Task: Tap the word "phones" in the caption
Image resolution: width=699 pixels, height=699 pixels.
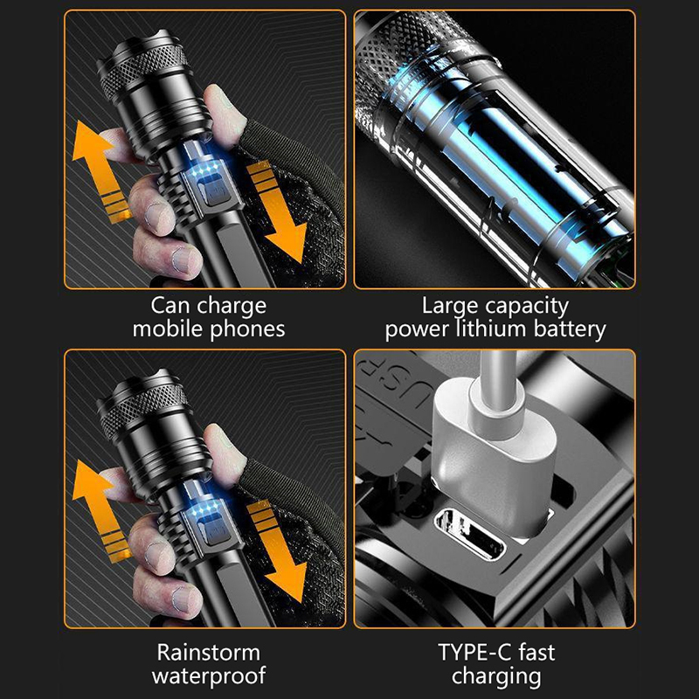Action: [247, 330]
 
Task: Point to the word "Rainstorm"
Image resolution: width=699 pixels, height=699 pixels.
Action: [208, 653]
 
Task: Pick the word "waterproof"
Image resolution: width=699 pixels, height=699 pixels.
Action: [209, 676]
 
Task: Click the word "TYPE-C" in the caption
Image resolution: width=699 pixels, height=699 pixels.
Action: [474, 652]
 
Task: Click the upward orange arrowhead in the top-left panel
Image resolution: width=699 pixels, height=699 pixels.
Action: [91, 142]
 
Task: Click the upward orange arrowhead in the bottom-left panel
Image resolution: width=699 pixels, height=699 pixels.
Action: [91, 481]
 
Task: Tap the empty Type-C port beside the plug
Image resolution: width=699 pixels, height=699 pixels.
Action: [470, 534]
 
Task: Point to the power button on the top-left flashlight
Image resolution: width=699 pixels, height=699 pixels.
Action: [216, 190]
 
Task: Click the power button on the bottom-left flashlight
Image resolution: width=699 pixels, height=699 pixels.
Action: [216, 529]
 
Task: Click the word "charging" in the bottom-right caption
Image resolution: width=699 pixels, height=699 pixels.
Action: [496, 676]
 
